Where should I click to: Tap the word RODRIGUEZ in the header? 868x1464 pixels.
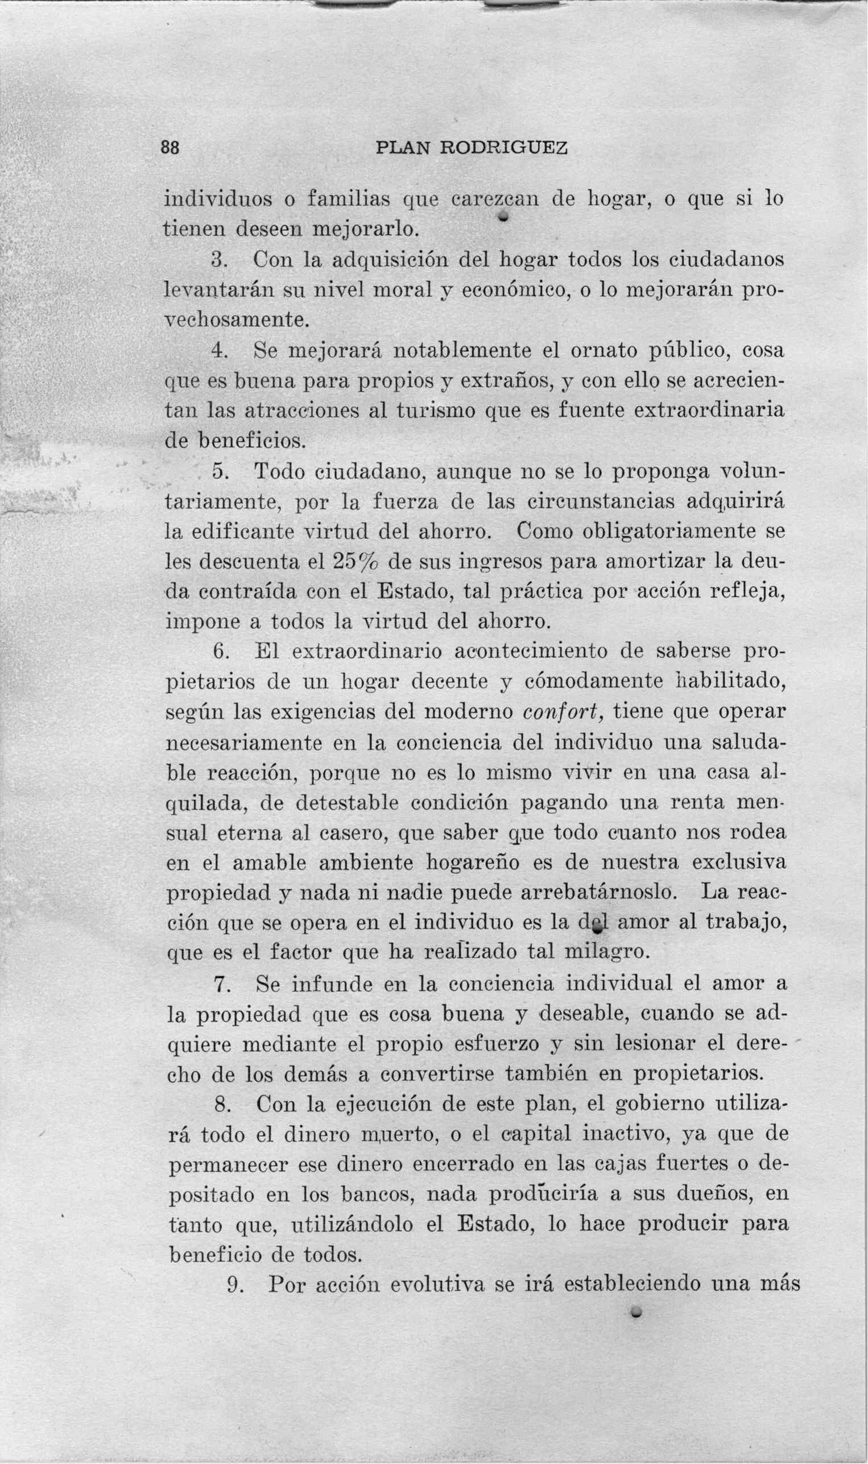[503, 148]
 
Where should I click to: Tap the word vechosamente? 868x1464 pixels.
[235, 321]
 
